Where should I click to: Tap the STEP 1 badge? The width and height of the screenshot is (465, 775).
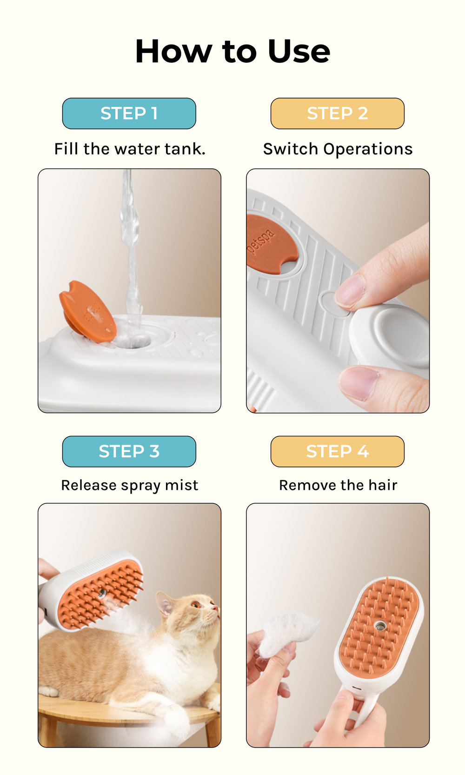tap(129, 114)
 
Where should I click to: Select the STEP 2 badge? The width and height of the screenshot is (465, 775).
tap(338, 114)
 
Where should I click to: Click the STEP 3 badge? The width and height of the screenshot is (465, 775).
tap(129, 451)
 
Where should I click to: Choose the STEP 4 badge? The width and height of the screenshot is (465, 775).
tap(338, 451)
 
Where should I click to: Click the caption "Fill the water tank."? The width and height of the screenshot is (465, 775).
tap(130, 149)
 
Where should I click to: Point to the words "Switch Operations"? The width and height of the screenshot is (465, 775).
tap(338, 149)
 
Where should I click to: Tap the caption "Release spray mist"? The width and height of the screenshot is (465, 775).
tap(130, 485)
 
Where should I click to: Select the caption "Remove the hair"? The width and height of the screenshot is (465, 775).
tap(338, 485)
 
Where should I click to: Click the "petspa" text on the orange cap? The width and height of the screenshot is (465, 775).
tap(262, 241)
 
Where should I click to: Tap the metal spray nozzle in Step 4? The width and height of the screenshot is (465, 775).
tap(380, 625)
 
